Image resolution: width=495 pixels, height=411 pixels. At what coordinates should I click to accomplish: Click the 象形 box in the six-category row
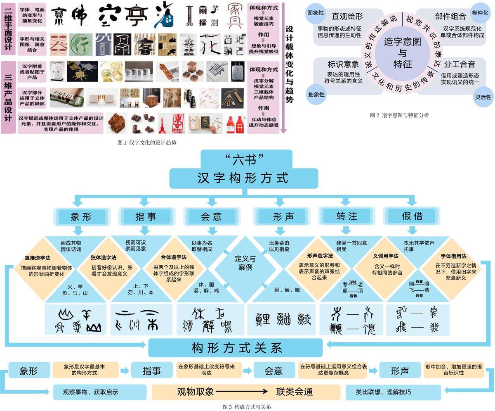click(80, 216)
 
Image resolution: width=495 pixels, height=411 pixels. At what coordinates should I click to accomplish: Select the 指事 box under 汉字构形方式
click(145, 216)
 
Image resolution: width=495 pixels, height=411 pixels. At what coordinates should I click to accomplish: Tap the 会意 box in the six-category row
click(211, 216)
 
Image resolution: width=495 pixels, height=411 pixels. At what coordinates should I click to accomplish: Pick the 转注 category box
click(346, 216)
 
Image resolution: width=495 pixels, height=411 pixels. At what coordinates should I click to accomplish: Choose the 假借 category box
click(412, 216)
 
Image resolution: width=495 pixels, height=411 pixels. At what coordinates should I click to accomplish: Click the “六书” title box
click(246, 159)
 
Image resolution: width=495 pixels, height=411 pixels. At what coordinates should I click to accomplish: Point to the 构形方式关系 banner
click(236, 348)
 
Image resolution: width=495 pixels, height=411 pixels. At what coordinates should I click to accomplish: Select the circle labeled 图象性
click(316, 12)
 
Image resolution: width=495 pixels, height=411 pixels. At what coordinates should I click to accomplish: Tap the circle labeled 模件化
click(480, 12)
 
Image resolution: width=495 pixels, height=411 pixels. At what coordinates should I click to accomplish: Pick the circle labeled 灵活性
click(483, 97)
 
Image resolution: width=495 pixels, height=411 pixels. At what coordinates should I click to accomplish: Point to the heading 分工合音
click(460, 64)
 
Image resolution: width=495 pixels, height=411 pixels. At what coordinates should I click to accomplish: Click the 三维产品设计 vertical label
click(8, 97)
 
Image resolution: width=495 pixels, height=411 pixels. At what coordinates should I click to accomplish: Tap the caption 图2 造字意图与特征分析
click(399, 116)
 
